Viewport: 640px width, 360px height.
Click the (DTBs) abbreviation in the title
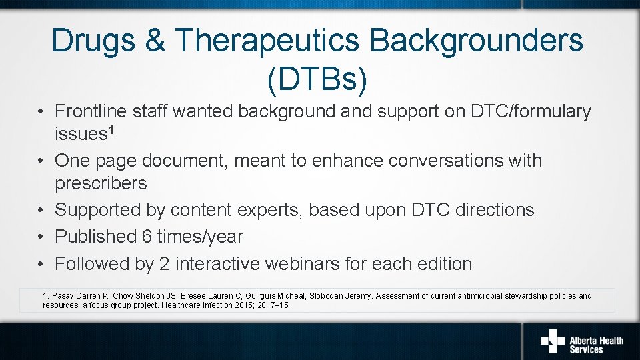click(x=317, y=79)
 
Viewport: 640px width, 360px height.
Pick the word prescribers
click(x=101, y=183)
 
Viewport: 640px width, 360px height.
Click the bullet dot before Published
click(x=41, y=237)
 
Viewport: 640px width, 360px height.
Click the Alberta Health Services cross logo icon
click(x=552, y=340)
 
